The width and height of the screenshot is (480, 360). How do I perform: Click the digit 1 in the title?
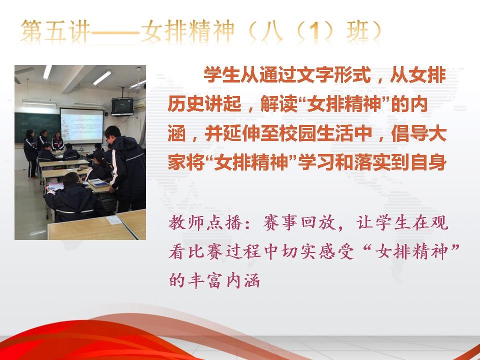click(315, 31)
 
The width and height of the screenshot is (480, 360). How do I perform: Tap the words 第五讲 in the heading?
click(56, 31)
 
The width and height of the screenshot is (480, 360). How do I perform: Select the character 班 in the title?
click(357, 31)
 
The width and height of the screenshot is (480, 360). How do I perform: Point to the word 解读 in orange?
click(279, 104)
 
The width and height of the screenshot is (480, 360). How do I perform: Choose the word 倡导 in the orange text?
click(409, 134)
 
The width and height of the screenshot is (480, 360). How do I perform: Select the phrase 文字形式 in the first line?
click(333, 74)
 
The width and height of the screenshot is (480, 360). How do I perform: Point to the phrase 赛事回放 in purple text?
click(299, 222)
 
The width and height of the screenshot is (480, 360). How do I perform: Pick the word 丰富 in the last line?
click(205, 280)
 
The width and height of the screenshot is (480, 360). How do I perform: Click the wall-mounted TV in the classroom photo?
click(122, 106)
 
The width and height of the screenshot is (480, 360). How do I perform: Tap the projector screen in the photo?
click(81, 125)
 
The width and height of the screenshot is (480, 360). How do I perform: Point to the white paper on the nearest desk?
click(113, 219)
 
